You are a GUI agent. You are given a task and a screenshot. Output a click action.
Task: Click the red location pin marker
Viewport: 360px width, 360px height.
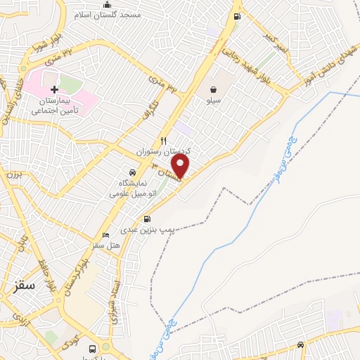pyautogui.click(x=181, y=167)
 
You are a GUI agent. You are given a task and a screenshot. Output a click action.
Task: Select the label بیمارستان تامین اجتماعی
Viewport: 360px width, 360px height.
pyautogui.click(x=54, y=105)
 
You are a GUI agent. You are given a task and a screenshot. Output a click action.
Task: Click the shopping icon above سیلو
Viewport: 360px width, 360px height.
pyautogui.click(x=213, y=89)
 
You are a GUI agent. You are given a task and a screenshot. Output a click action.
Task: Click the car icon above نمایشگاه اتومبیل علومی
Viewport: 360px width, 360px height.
pyautogui.click(x=132, y=172)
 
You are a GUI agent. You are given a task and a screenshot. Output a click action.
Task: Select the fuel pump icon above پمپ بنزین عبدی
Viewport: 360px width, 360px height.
pyautogui.click(x=147, y=219)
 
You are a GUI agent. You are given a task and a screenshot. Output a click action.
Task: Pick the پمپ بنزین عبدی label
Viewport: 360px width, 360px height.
pyautogui.click(x=146, y=230)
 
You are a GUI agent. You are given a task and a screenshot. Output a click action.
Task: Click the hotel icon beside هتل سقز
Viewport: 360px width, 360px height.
pyautogui.click(x=105, y=235)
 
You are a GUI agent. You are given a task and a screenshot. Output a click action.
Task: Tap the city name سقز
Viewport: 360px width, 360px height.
pyautogui.click(x=25, y=285)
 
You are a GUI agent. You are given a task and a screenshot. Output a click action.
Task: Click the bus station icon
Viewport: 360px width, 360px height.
pyautogui.click(x=92, y=349)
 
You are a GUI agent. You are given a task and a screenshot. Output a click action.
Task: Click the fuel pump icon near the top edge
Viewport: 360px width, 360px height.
pyautogui.click(x=237, y=17)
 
